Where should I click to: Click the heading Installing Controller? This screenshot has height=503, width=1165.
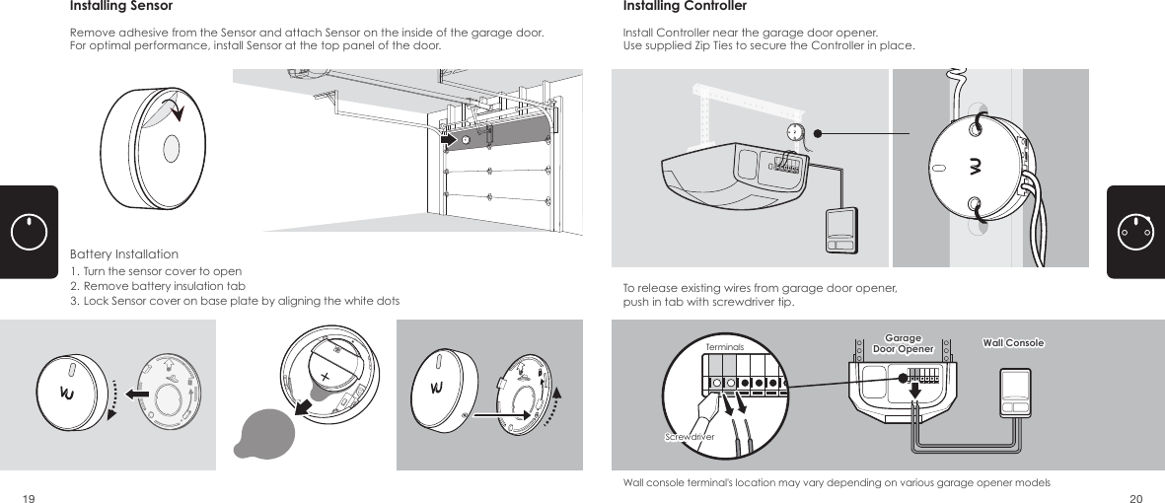click(684, 7)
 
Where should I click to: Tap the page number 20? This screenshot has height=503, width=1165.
click(1135, 497)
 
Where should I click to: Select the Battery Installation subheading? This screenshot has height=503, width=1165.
click(124, 254)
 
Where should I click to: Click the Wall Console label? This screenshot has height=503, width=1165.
click(1013, 343)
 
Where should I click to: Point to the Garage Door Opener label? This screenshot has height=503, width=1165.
click(903, 343)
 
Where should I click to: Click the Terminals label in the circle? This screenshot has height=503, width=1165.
click(724, 348)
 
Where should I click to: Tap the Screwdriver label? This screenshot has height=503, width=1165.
click(688, 434)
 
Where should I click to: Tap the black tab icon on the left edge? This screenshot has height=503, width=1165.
click(29, 232)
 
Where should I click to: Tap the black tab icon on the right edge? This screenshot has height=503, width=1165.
click(1136, 232)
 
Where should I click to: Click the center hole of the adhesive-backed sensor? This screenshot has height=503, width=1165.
click(169, 148)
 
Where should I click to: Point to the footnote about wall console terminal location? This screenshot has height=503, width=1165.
click(837, 482)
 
